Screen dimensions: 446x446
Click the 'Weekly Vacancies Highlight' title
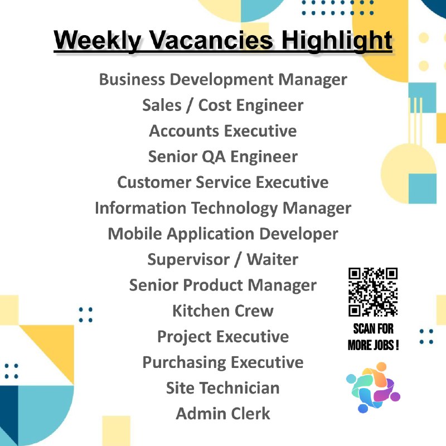point(223,40)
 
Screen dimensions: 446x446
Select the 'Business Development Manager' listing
point(223,79)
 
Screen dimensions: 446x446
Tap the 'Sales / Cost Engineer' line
point(223,105)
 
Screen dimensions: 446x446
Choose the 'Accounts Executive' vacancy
point(223,131)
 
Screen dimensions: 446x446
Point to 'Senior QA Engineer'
point(223,157)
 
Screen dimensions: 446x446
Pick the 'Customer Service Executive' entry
point(223,182)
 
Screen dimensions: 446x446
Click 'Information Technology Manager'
point(223,208)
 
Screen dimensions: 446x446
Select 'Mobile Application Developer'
point(223,234)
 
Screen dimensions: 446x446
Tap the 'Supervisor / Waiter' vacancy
point(223,259)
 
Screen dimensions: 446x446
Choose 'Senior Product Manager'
point(223,285)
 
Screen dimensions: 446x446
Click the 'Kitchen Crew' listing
point(223,311)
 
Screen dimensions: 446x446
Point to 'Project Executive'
point(223,337)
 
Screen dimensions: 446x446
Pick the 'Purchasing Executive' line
point(223,362)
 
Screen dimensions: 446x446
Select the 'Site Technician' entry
point(223,388)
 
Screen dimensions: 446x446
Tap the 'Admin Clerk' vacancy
point(223,414)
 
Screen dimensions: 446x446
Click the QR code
point(373,292)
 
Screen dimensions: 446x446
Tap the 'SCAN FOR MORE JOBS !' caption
point(373,337)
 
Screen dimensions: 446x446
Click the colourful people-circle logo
point(373,387)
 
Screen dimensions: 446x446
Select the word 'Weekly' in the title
point(97,40)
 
